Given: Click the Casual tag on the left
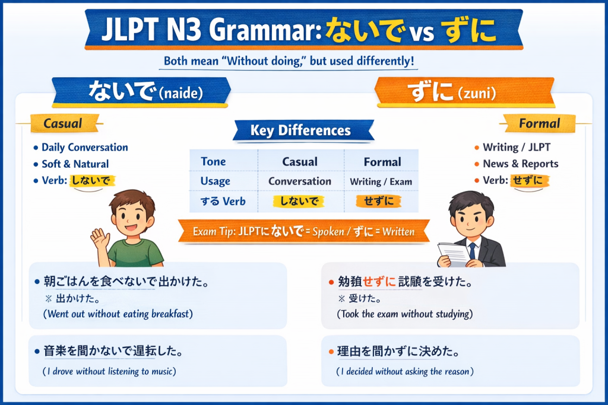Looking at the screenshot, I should click(63, 124).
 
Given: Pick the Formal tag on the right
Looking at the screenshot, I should click(539, 123).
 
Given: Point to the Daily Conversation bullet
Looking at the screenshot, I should click(84, 148).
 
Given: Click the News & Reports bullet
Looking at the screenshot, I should click(520, 164).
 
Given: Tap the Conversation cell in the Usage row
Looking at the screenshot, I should click(300, 181).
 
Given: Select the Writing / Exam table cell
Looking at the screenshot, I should click(381, 182).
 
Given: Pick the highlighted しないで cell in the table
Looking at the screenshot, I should click(299, 202).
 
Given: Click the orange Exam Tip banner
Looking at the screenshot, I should click(303, 232).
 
